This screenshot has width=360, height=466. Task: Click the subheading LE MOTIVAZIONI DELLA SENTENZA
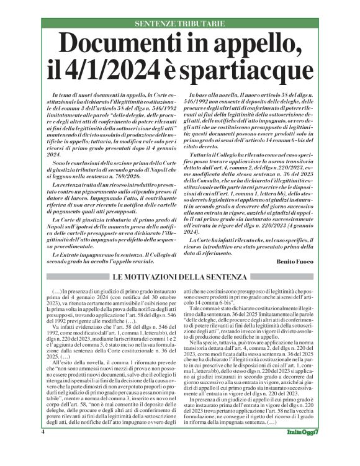tap(180, 275)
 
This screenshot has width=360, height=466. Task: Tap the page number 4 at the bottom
tap(42, 448)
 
